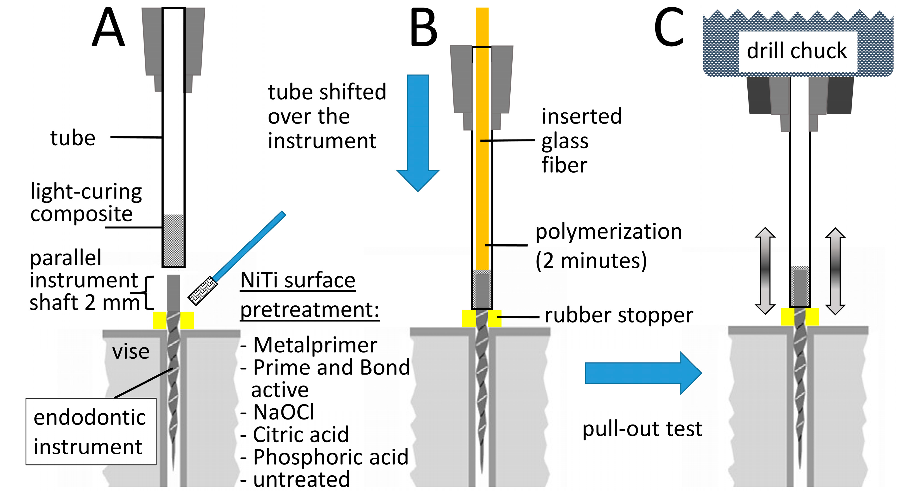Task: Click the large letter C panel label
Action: pos(669,27)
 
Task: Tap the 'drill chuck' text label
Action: pos(797,51)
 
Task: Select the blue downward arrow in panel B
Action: pos(418,132)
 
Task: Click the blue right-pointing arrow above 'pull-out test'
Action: pos(643,373)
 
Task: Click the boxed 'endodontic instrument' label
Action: pos(91,431)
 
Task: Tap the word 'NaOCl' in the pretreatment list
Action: pos(284,412)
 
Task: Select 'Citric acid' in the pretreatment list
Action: pos(301,434)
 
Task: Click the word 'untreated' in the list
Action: pos(302,479)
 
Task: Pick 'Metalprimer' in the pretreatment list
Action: pos(315,345)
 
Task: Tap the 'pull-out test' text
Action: pos(642,428)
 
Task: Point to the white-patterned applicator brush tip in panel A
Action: pos(203,291)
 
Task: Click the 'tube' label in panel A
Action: pos(73,138)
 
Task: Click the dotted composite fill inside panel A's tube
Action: pos(173,240)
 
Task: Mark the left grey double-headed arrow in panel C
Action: pos(765,271)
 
